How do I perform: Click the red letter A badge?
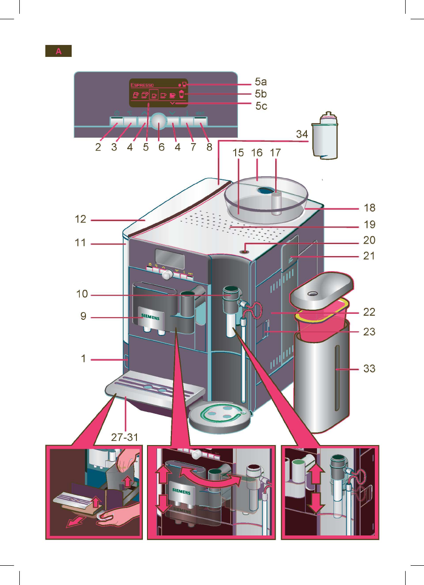pyautogui.click(x=58, y=51)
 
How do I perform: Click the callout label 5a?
pyautogui.click(x=261, y=83)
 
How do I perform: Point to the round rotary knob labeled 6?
pyautogui.click(x=158, y=121)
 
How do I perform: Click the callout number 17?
pyautogui.click(x=274, y=152)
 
